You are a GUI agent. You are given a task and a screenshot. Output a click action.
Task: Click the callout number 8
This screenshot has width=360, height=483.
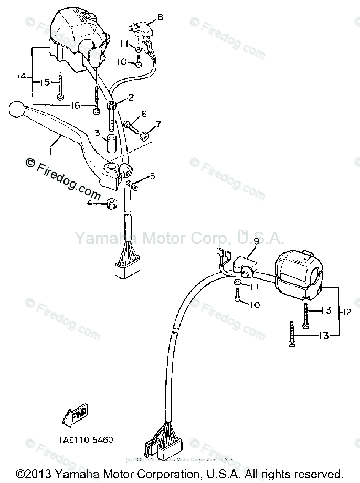(x=160, y=17)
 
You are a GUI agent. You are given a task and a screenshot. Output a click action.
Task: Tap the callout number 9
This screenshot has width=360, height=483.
(x=257, y=241)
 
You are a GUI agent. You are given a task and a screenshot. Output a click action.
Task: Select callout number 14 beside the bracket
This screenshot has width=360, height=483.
(x=22, y=77)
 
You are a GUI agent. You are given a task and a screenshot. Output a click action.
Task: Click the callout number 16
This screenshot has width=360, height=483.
(x=76, y=105)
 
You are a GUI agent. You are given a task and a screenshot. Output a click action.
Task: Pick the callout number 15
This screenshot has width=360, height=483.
(x=46, y=82)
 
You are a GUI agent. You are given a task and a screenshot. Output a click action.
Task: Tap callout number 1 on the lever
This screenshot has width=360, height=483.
(x=50, y=151)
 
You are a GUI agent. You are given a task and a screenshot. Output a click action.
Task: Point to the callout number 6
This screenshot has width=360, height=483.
(x=143, y=113)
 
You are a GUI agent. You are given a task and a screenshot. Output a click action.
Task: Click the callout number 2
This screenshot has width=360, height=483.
(x=131, y=98)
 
